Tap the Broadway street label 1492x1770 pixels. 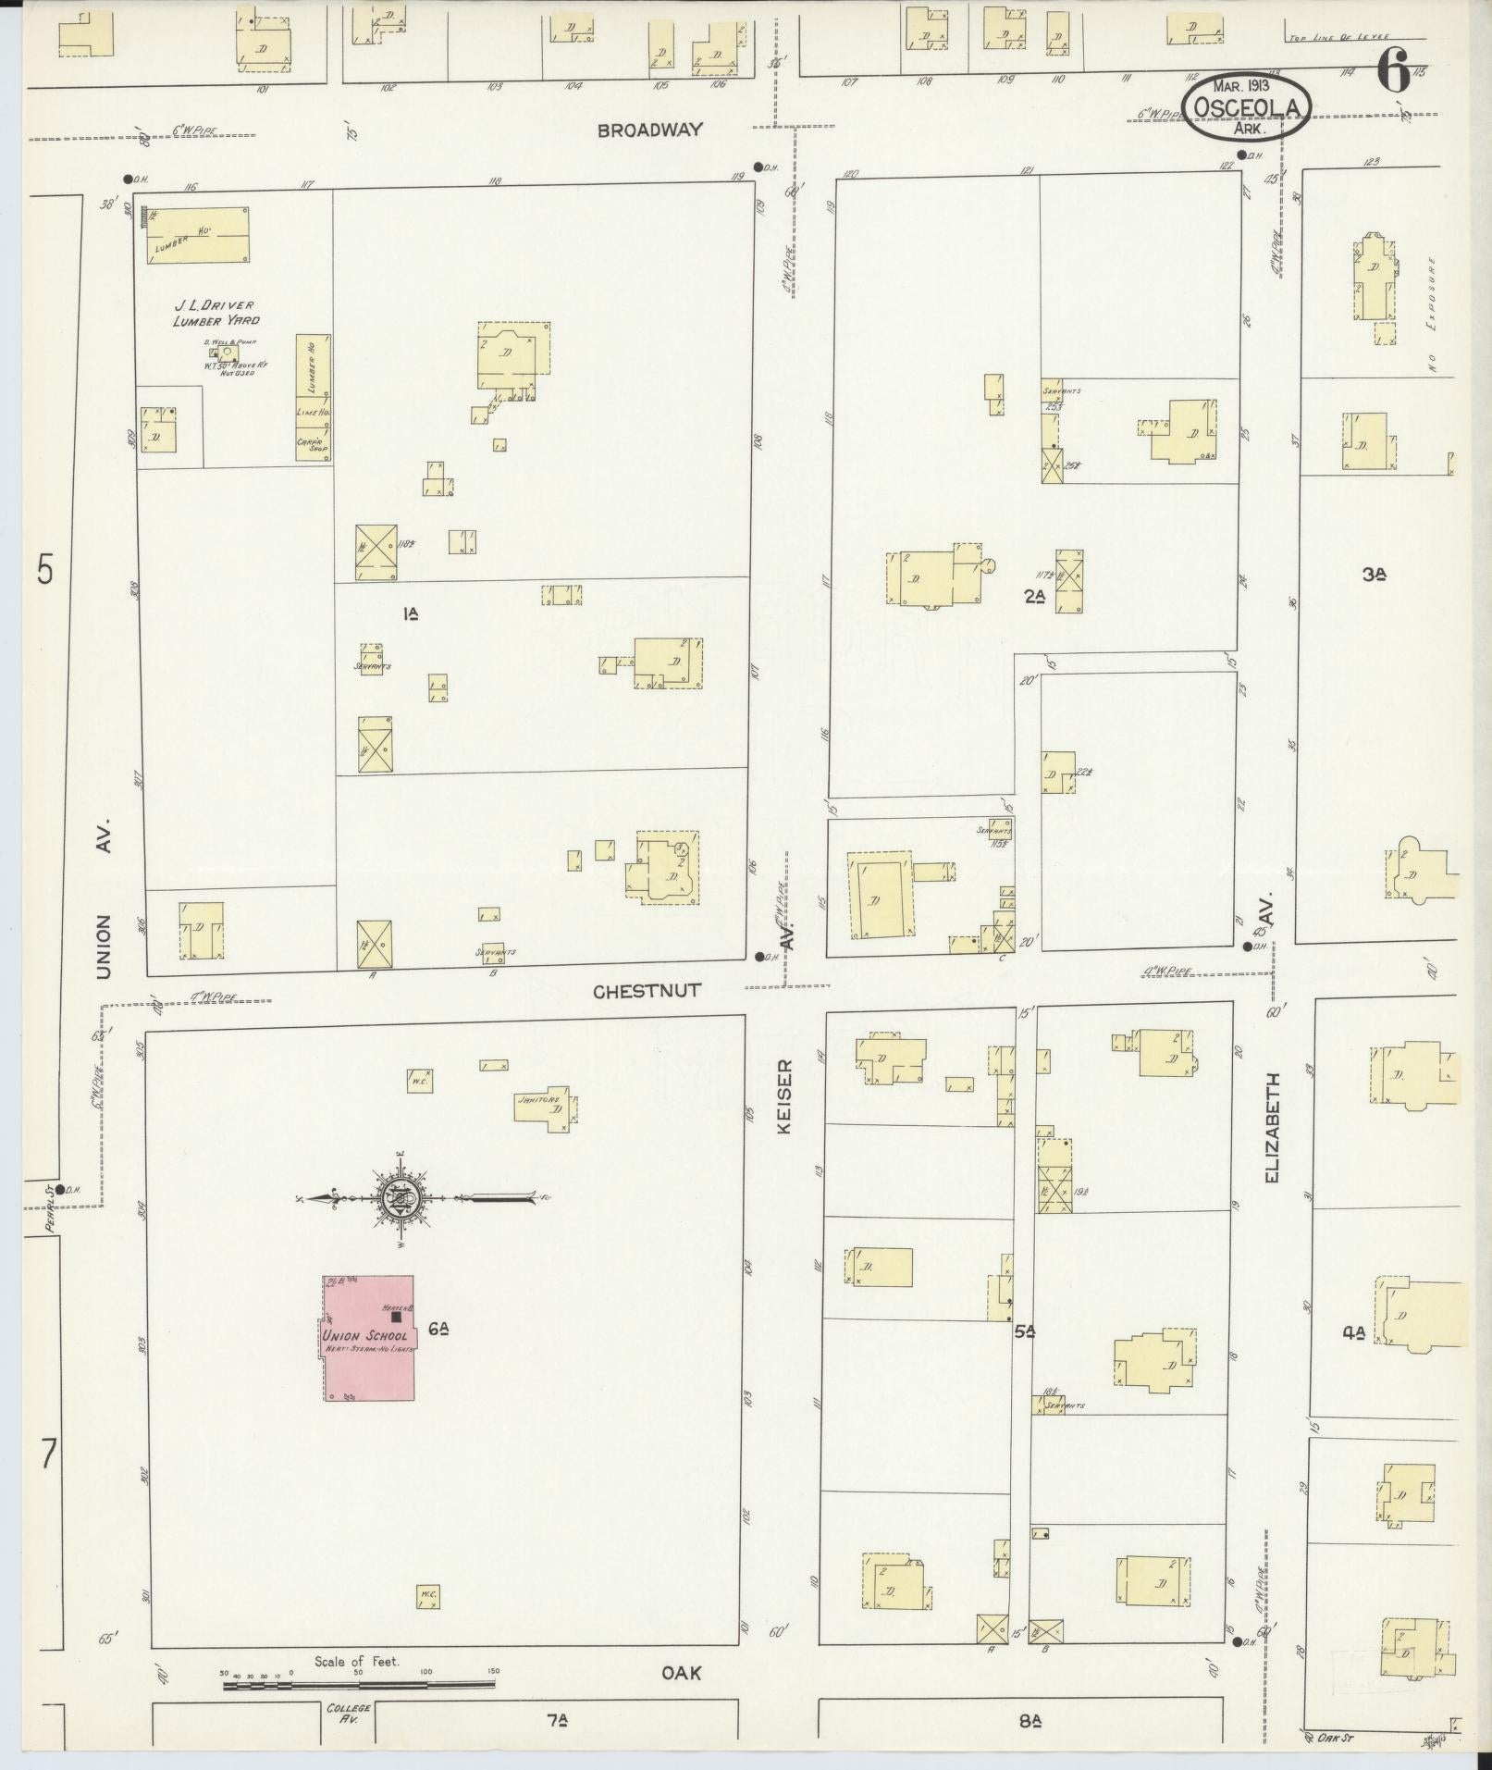point(649,130)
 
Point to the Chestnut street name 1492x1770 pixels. point(647,990)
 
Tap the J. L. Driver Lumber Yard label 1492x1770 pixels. point(215,313)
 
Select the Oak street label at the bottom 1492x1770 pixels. point(682,1673)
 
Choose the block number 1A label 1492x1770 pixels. point(410,613)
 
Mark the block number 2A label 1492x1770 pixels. point(1034,596)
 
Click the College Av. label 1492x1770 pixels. point(349,1713)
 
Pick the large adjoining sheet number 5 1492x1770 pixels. point(44,568)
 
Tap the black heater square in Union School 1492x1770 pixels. point(397,1316)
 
